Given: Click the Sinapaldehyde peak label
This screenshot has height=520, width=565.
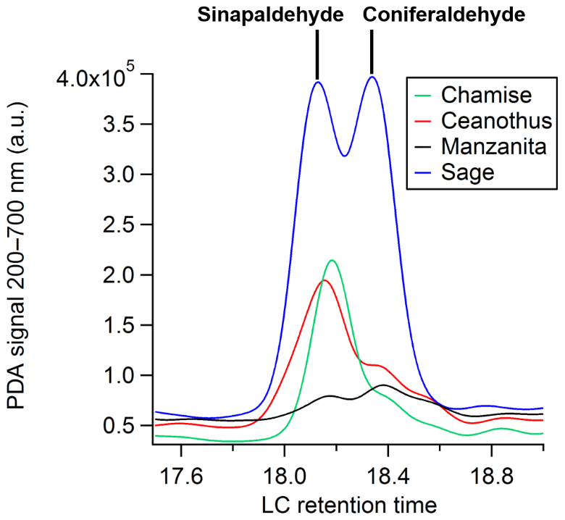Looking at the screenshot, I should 271,14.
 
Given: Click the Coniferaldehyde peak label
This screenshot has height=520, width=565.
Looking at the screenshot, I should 444,14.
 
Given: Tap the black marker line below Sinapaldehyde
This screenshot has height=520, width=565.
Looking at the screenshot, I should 317,54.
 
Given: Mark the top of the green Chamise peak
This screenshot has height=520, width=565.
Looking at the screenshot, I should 332,260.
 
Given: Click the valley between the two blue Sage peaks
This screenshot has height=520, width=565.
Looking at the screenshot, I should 345,155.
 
